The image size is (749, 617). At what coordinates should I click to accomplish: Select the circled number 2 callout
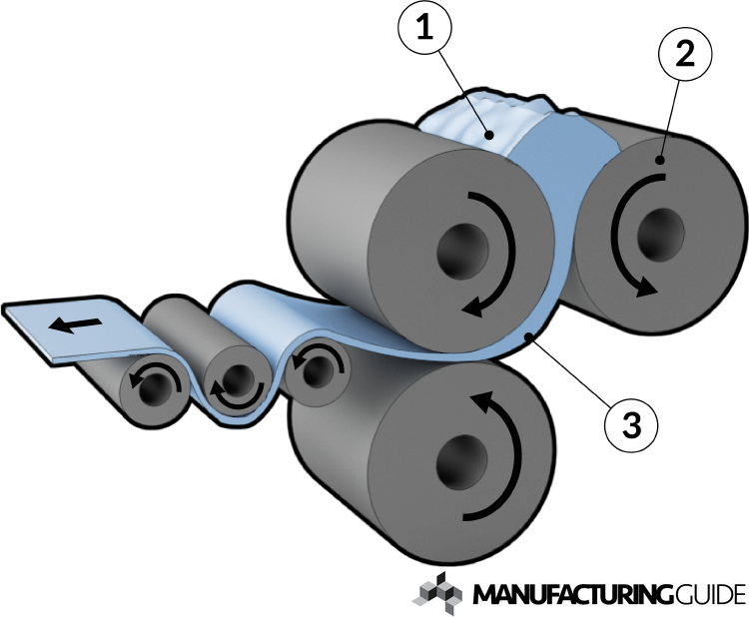(x=684, y=54)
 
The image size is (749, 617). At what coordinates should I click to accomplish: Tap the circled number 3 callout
(x=631, y=424)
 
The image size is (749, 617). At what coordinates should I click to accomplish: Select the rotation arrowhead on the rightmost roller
(x=646, y=288)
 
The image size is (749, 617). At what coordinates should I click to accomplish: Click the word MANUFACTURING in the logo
(x=573, y=595)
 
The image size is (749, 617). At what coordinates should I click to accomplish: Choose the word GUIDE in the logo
(x=709, y=595)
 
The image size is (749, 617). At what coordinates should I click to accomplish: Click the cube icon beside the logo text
(x=437, y=593)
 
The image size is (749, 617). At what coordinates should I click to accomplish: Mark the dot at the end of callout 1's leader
(x=488, y=135)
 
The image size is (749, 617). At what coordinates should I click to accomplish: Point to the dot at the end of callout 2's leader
(x=660, y=160)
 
